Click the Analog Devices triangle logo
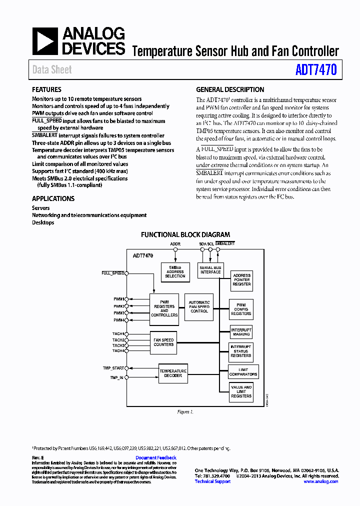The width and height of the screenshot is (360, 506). (45, 41)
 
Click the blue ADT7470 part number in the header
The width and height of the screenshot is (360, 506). (316, 69)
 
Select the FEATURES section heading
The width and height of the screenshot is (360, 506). (46, 89)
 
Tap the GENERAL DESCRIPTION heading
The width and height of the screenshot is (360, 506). (230, 89)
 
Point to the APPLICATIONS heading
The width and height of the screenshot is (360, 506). (53, 198)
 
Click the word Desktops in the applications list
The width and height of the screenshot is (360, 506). (43, 222)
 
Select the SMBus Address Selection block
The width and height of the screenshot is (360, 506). (175, 272)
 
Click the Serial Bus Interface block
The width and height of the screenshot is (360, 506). (210, 270)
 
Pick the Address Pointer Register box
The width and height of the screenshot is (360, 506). (241, 280)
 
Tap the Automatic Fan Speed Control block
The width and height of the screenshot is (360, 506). (199, 306)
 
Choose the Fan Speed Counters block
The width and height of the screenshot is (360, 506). (163, 342)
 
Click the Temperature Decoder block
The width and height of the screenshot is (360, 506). (173, 373)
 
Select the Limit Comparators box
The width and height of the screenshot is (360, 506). (243, 372)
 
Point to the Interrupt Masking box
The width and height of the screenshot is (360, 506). (241, 332)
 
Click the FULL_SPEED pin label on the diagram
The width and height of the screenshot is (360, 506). (112, 273)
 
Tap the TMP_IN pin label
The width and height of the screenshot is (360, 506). (116, 377)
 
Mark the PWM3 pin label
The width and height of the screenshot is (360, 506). (118, 313)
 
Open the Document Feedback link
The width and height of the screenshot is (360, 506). (156, 457)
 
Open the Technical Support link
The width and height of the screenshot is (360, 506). (212, 481)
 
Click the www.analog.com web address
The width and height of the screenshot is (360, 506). (320, 481)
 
